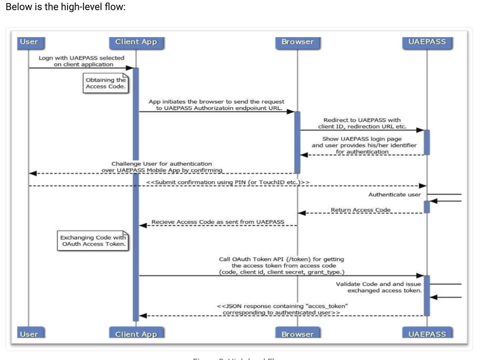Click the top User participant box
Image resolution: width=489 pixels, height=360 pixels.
point(28,42)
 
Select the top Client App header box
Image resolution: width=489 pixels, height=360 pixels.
point(136,42)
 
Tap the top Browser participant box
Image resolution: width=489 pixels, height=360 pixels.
point(297,42)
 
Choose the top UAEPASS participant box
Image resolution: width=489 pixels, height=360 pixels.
point(427,42)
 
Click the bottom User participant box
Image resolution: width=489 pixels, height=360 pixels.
point(28,334)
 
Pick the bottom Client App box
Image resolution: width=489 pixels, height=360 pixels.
point(136,334)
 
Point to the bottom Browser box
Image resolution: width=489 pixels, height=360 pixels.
point(297,334)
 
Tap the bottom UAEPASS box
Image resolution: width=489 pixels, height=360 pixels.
point(427,334)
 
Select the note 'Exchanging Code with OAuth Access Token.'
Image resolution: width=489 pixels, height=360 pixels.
point(93,240)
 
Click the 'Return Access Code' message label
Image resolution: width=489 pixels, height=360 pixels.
point(360,210)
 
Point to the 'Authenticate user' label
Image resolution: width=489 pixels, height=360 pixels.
point(394,194)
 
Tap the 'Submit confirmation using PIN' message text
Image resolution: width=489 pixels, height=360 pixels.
point(227,182)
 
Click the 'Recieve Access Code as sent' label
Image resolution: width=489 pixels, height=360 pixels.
point(217,222)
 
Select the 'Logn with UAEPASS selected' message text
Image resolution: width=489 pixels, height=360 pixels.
point(82,61)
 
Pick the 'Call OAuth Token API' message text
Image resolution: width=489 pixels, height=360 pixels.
point(281,265)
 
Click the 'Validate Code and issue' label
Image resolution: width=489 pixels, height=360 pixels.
point(378,287)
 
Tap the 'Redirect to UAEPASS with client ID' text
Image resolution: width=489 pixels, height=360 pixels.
point(362,123)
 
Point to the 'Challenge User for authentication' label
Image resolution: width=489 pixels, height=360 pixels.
point(162,167)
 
